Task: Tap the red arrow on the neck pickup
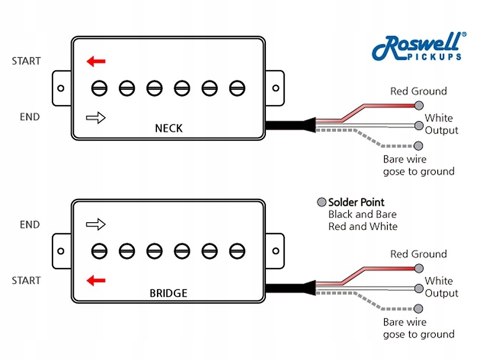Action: coord(96,61)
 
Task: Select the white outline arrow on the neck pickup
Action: coord(96,117)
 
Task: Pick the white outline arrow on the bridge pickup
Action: coord(96,224)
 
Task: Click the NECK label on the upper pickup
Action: coord(168,128)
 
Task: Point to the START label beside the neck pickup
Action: coord(26,61)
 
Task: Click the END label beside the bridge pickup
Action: coord(30,224)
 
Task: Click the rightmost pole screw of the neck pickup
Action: coord(236,88)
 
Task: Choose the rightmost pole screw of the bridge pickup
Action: coord(236,251)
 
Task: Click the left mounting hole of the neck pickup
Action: coord(61,88)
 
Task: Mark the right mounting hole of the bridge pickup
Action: coord(276,251)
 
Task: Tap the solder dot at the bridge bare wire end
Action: coord(419,309)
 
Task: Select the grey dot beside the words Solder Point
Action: coord(321,202)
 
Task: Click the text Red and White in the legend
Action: coord(363,226)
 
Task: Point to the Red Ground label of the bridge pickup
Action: coord(418,254)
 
